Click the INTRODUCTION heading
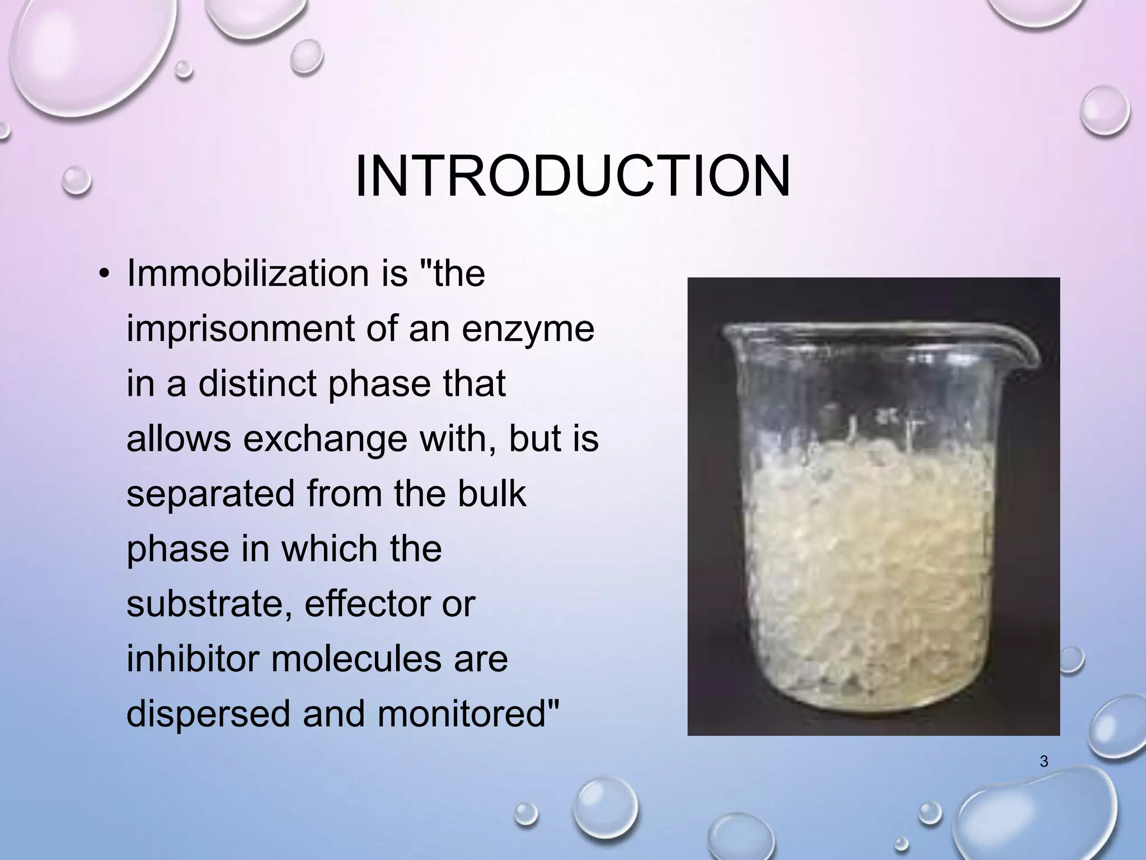point(572,176)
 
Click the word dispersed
point(209,714)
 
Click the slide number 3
point(1043,761)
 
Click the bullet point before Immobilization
point(104,274)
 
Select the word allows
point(179,438)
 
